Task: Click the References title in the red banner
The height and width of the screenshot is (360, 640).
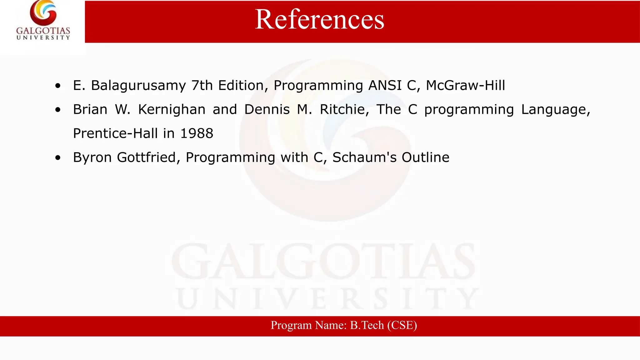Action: [319, 19]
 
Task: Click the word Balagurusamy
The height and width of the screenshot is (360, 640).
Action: [138, 85]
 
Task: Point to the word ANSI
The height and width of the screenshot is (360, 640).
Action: [385, 85]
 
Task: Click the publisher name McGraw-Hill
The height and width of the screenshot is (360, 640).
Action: [465, 85]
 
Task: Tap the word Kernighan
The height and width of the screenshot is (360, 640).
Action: [172, 109]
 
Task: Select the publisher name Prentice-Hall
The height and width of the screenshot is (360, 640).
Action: [115, 133]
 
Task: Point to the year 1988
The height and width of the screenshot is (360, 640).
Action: [197, 133]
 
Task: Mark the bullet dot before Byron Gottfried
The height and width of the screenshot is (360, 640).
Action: [58, 158]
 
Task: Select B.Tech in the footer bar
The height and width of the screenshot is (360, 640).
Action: [367, 325]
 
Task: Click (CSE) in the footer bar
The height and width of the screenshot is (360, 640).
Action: [402, 325]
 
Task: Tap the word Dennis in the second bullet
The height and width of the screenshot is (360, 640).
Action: [267, 109]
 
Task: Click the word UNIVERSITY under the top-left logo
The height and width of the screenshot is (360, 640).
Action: [43, 37]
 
